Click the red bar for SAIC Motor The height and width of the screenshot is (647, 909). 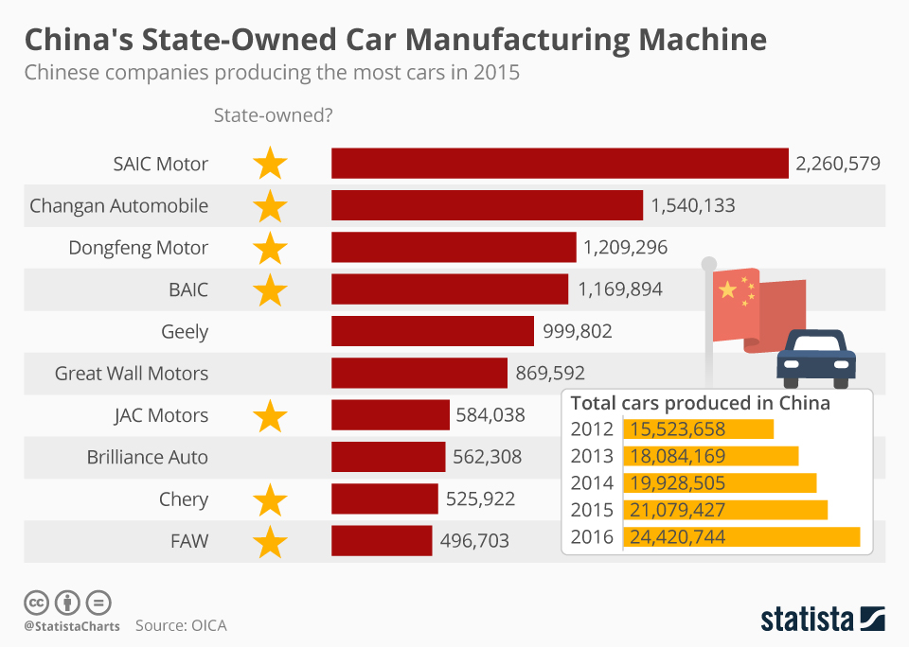click(560, 164)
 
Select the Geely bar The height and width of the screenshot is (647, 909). click(433, 331)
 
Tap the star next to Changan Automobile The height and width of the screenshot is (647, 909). click(271, 205)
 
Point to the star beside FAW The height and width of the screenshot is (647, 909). click(271, 541)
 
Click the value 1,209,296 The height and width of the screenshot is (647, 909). click(625, 248)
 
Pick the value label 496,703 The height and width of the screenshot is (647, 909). click(474, 541)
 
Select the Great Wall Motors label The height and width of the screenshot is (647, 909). click(132, 373)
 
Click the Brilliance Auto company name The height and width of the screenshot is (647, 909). click(148, 457)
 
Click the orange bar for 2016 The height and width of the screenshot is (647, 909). click(740, 537)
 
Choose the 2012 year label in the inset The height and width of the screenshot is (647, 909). click(592, 428)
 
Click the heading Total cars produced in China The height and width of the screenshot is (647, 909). click(700, 403)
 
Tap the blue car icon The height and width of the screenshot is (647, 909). click(815, 358)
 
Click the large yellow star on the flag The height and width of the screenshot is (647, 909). click(727, 289)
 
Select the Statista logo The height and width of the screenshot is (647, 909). click(822, 620)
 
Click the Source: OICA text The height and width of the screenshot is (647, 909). click(181, 625)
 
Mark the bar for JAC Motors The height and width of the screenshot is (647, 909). click(390, 415)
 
